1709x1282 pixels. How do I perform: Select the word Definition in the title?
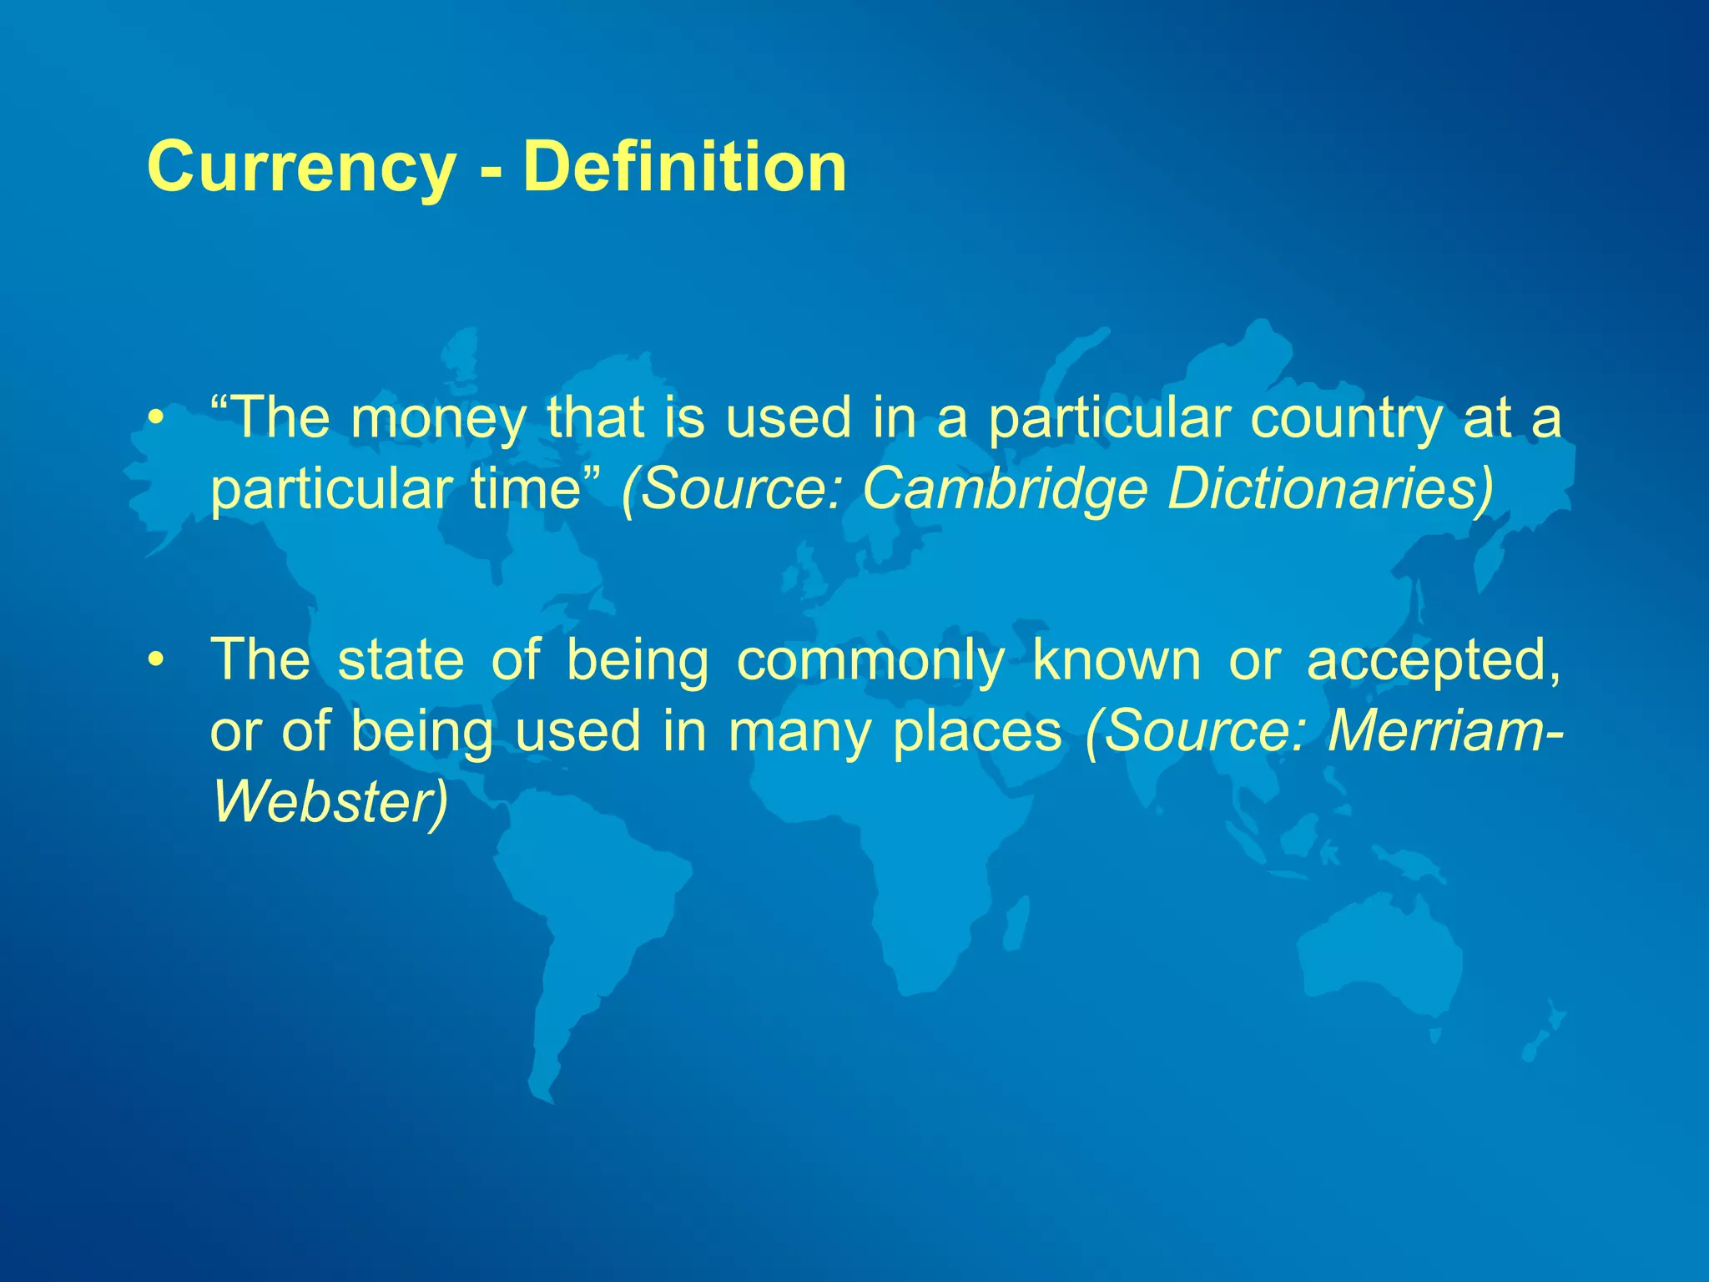684,167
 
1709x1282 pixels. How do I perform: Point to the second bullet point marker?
154,660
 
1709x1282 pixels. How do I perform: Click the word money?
439,419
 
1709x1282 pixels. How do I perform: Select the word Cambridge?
1006,489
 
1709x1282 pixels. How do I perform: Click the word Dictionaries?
1327,489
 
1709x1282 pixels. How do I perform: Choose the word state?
401,660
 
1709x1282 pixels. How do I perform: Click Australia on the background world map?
1377,951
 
